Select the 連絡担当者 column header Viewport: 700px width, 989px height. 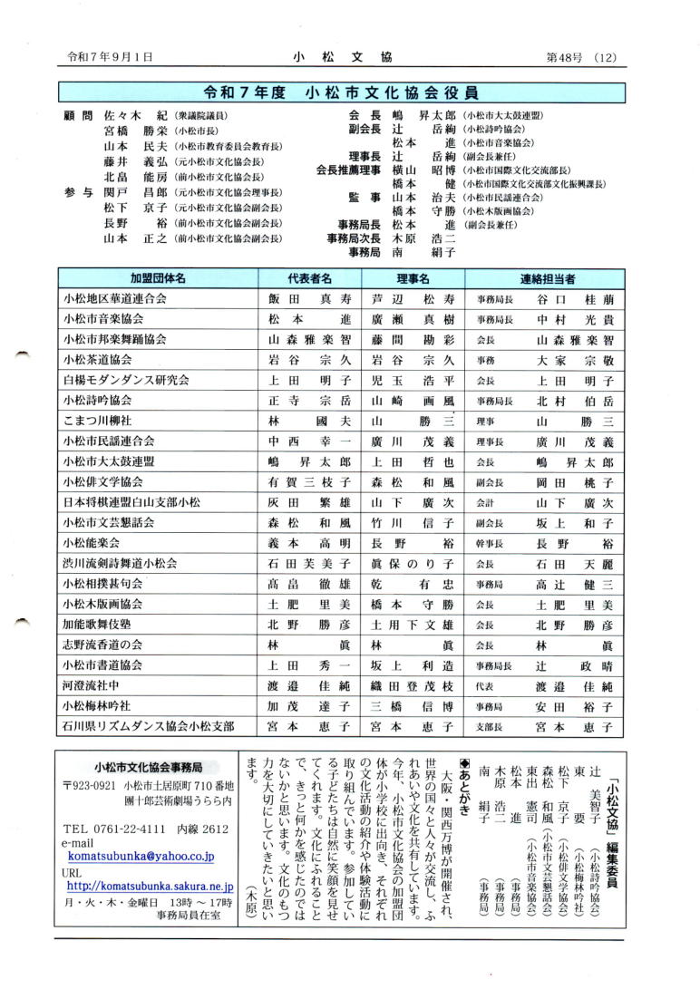point(547,278)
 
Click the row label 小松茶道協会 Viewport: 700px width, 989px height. point(98,361)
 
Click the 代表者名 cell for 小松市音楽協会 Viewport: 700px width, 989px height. point(308,320)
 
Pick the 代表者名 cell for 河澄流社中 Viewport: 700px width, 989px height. point(308,686)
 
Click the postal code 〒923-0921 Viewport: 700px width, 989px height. point(90,785)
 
